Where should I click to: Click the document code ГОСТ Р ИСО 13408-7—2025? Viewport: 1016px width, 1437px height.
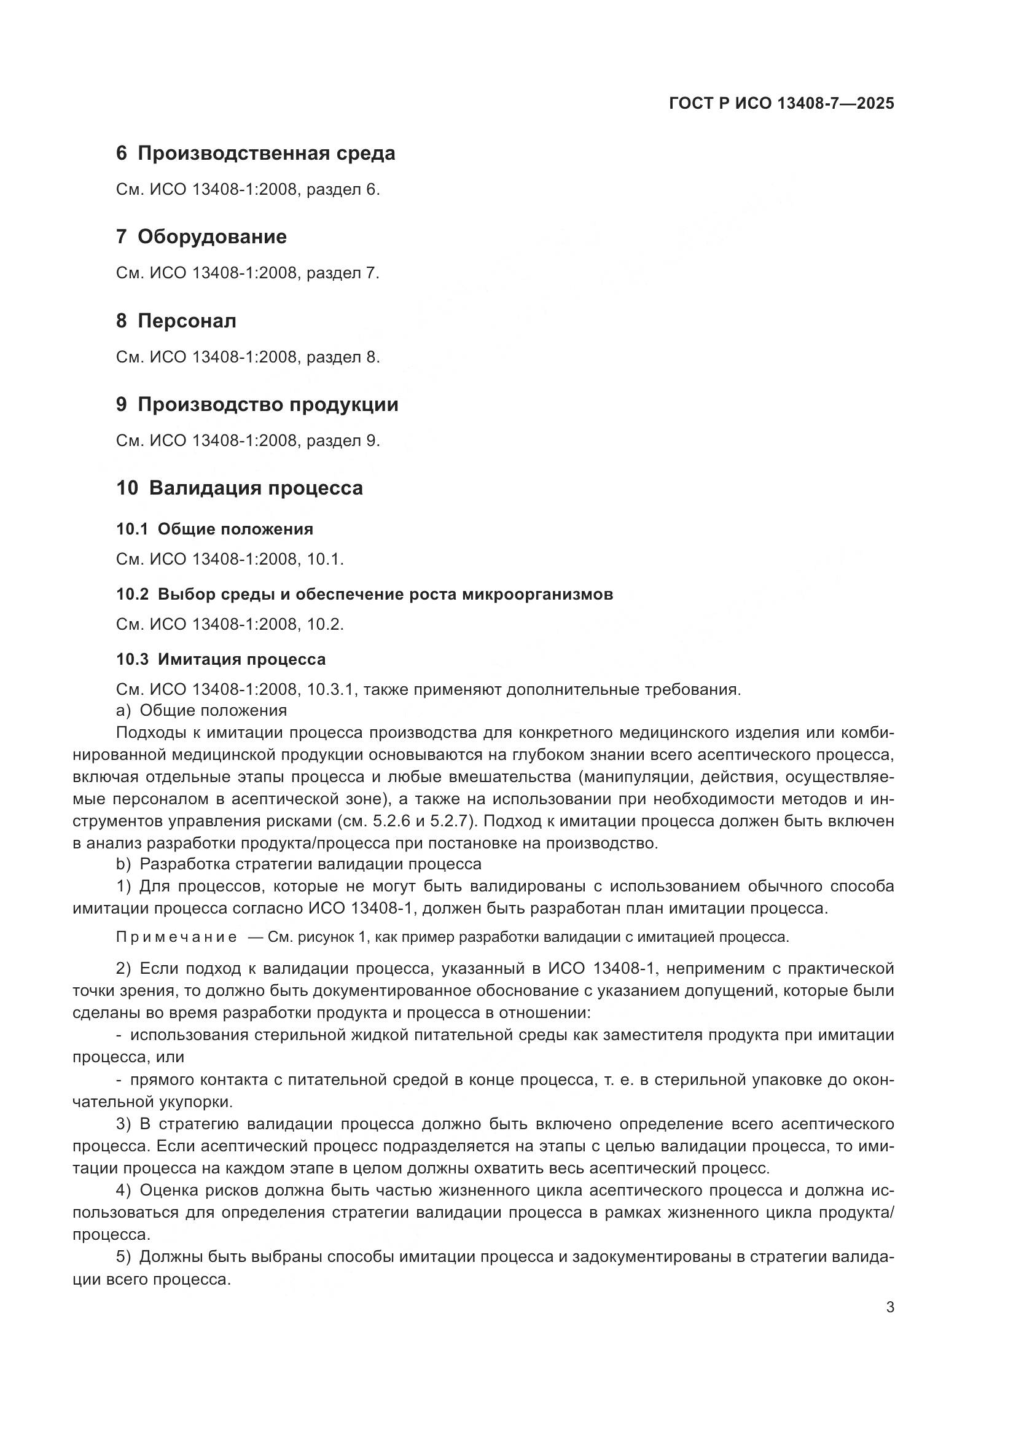781,103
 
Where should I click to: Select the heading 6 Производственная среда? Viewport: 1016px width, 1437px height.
256,154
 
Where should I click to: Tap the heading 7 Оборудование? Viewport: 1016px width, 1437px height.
201,237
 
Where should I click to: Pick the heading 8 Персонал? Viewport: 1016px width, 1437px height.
176,321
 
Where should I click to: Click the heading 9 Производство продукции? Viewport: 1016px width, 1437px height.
257,405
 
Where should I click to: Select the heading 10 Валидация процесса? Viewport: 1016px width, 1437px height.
240,488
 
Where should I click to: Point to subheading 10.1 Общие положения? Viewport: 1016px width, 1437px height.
214,530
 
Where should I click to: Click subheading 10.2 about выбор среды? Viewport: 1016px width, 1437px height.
364,595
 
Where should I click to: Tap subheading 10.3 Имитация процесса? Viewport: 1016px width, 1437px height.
221,660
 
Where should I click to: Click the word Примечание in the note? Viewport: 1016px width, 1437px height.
176,937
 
